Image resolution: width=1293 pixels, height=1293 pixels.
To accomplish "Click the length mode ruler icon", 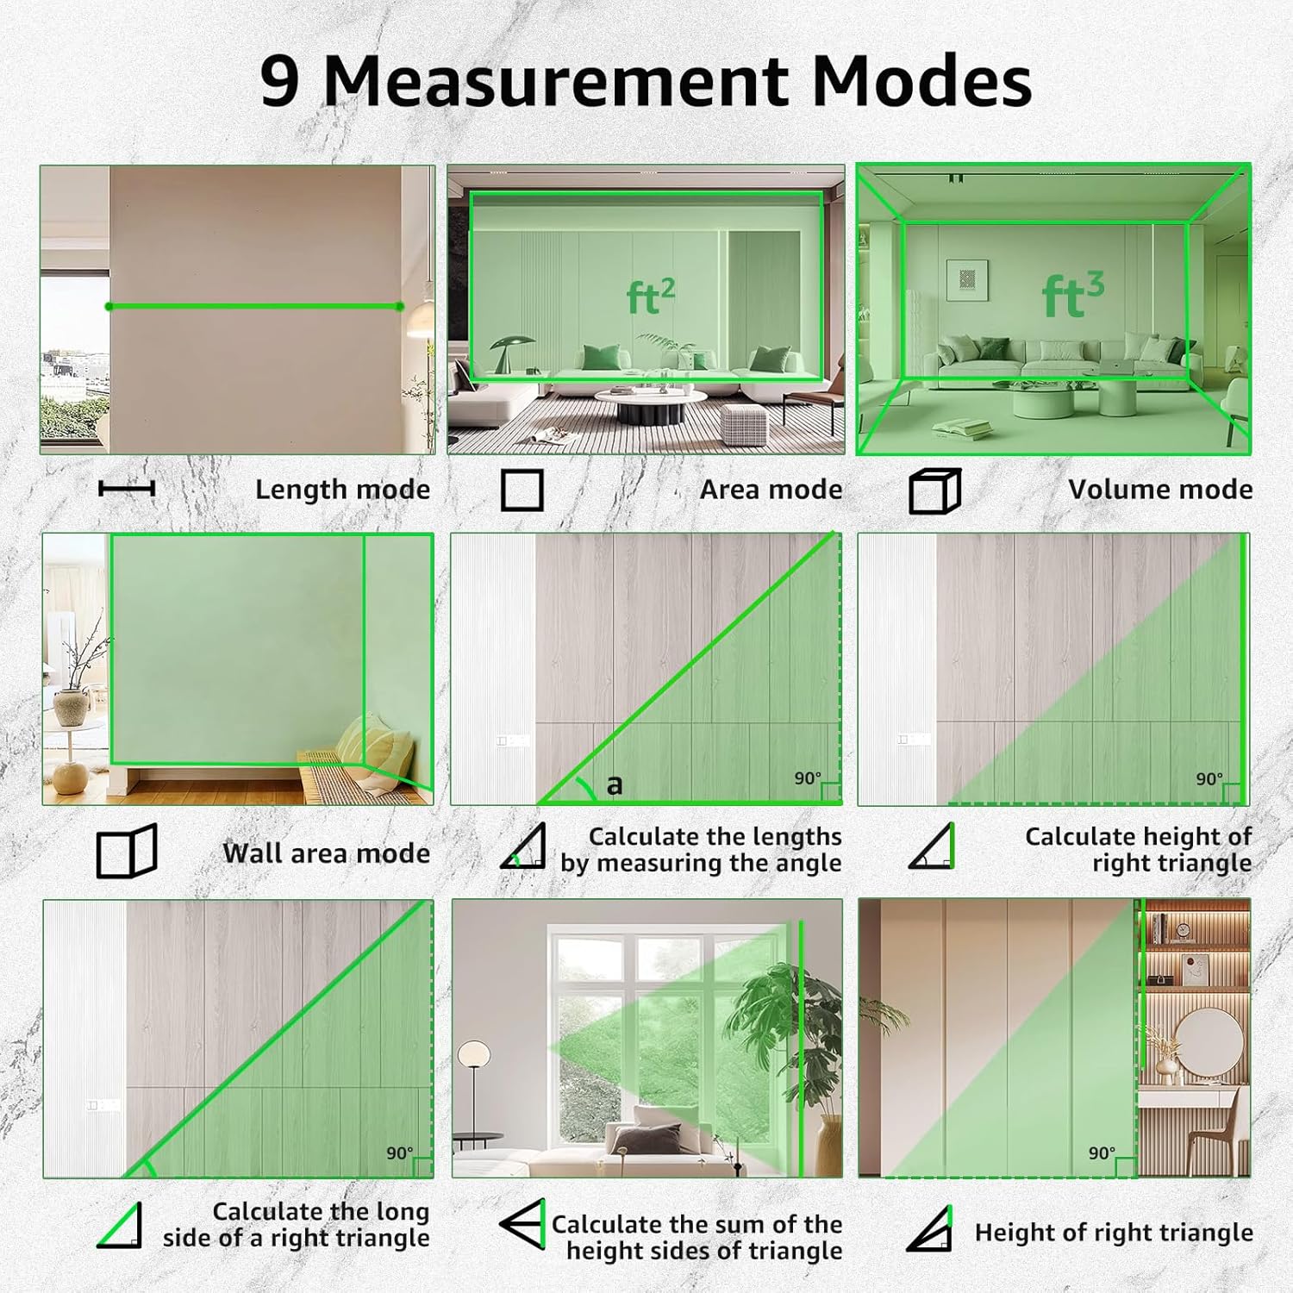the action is [127, 489].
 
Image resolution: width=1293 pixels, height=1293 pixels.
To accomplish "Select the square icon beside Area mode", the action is [522, 490].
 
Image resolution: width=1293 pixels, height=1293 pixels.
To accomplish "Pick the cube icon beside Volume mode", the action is [935, 491].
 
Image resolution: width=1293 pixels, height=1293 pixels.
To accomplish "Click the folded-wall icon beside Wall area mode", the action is [127, 852].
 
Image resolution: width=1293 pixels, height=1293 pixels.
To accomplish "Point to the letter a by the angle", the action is [615, 785].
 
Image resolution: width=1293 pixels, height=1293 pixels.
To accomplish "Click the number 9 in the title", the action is [280, 81].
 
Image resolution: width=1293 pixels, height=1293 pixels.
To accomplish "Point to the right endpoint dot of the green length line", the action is [399, 307].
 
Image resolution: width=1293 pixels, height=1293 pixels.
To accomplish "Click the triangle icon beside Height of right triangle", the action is [930, 1230].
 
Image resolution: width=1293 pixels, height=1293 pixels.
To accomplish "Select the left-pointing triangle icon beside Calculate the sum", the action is [523, 1223].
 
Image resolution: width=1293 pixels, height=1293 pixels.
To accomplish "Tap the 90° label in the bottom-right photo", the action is [1102, 1153].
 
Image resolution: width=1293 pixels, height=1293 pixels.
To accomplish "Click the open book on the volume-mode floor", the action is [961, 428].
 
